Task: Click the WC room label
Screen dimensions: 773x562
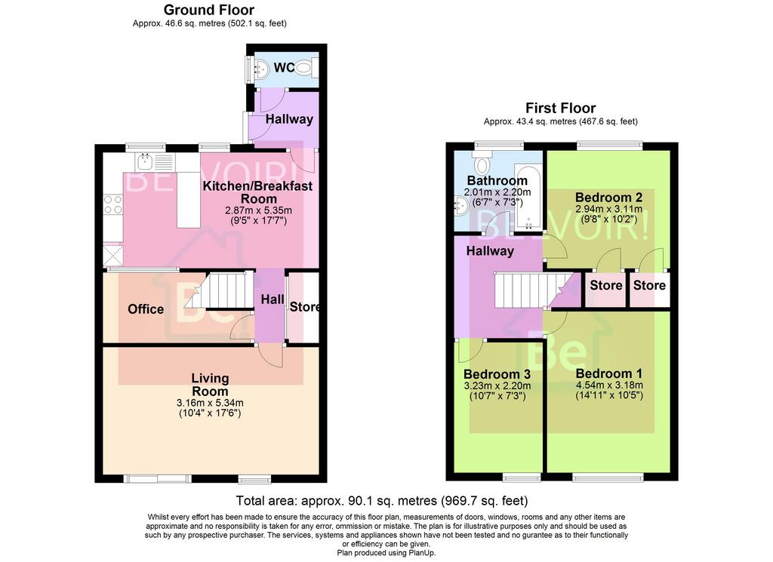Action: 284,67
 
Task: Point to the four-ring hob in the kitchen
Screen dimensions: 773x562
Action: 113,204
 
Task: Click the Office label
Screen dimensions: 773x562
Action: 146,309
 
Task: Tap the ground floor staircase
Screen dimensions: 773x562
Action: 220,290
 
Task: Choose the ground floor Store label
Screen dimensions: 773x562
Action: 305,307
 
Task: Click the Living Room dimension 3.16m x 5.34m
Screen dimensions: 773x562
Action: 210,402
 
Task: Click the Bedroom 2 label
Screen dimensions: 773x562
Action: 609,198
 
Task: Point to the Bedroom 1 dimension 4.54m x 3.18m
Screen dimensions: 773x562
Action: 609,385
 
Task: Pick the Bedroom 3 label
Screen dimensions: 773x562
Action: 497,374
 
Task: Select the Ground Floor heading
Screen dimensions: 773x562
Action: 209,10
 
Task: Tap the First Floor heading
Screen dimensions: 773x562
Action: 561,108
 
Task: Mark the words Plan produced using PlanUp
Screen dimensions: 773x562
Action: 386,553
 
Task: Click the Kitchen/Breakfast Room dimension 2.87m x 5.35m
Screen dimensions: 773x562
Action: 258,210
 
